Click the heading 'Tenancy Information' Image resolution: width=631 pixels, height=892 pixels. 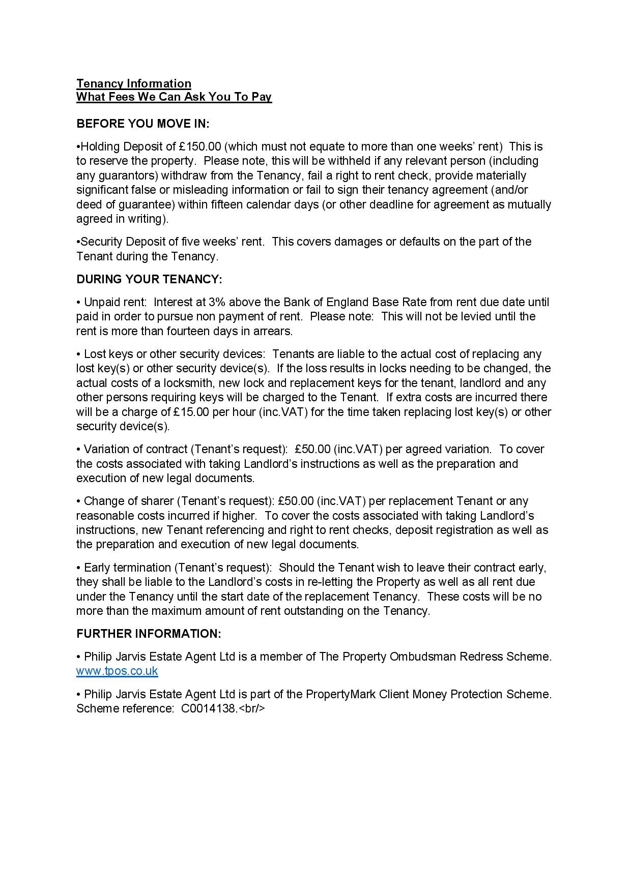tap(134, 83)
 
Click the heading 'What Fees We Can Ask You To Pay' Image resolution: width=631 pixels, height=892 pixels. tap(174, 97)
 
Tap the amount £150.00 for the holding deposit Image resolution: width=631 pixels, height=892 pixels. tap(200, 147)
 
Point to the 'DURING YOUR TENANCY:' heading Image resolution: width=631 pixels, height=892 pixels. tap(149, 279)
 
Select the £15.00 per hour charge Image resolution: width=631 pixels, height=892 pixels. tap(191, 412)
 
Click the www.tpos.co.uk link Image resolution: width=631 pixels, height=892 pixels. tap(117, 671)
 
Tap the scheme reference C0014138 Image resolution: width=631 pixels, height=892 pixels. tap(209, 708)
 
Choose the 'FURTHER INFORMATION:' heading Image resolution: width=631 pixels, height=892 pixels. tap(149, 634)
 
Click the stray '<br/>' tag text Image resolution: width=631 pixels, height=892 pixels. tap(252, 708)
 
